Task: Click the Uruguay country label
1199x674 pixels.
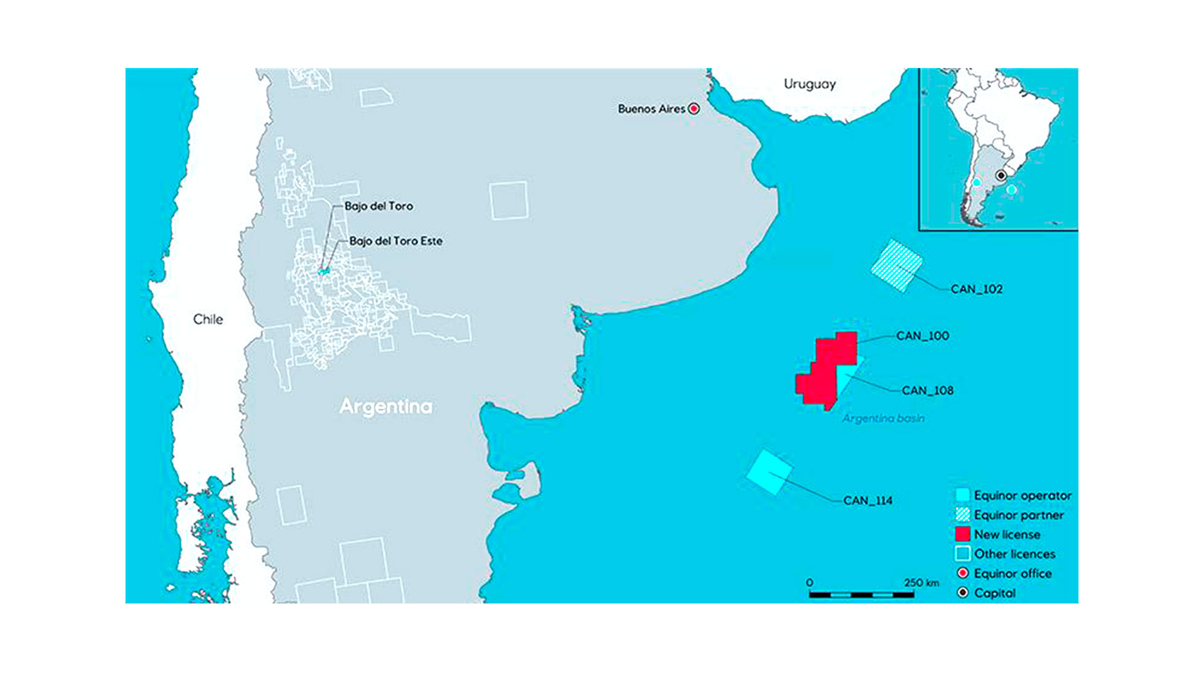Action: pyautogui.click(x=809, y=84)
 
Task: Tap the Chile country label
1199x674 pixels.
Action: pyautogui.click(x=208, y=320)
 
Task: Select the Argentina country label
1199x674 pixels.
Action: pyautogui.click(x=386, y=407)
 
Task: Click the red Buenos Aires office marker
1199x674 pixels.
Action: pyautogui.click(x=694, y=109)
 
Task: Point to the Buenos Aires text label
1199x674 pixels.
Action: pyautogui.click(x=651, y=109)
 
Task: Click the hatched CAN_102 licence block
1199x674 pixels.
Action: pyautogui.click(x=897, y=265)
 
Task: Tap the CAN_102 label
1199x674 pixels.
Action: pyautogui.click(x=977, y=290)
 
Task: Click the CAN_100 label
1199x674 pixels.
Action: pyautogui.click(x=922, y=336)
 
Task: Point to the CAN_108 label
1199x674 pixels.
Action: pyautogui.click(x=927, y=391)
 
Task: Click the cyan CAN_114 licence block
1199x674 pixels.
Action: pyautogui.click(x=769, y=472)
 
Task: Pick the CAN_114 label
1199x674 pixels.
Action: pyautogui.click(x=868, y=501)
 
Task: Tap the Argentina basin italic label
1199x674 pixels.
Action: pyautogui.click(x=883, y=419)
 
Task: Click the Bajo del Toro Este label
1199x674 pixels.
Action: pyautogui.click(x=396, y=241)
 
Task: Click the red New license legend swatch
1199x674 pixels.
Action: pyautogui.click(x=962, y=534)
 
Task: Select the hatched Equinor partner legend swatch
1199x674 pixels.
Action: pyautogui.click(x=962, y=515)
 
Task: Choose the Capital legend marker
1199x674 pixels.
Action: pyautogui.click(x=963, y=593)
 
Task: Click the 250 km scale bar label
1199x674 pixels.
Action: pyautogui.click(x=921, y=583)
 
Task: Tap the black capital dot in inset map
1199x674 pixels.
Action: pyautogui.click(x=1000, y=176)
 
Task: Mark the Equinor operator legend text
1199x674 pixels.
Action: pyautogui.click(x=1022, y=496)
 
